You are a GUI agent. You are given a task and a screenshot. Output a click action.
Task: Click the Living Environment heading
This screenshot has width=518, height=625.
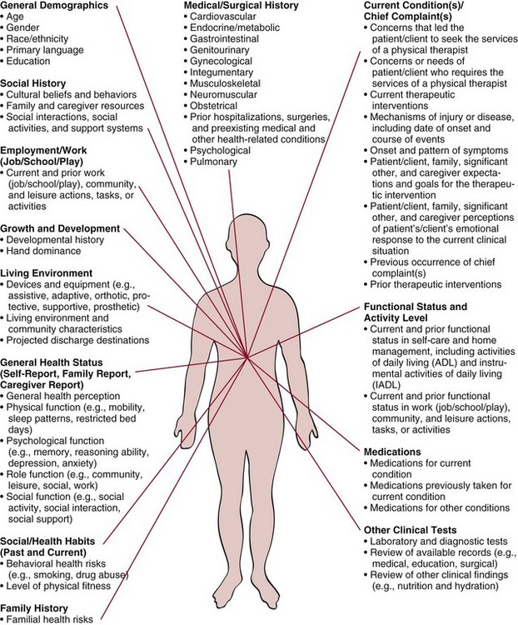46,272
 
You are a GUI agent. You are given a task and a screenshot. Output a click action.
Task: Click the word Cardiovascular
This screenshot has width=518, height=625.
226,17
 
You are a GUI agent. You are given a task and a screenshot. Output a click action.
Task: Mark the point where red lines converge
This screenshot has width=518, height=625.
247,358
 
